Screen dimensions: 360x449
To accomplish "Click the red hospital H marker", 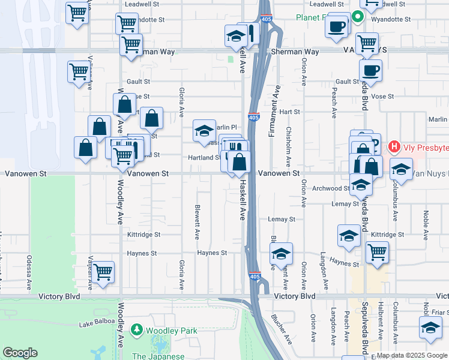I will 394,146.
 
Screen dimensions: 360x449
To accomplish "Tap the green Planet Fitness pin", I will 357,17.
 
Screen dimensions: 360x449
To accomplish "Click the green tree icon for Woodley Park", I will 137,330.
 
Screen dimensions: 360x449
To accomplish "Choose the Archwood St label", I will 331,188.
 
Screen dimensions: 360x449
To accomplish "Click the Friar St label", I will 440,312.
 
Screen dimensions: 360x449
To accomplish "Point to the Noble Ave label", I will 426,223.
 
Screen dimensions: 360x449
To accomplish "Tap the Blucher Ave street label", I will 281,329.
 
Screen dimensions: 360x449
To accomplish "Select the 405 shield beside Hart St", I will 254,114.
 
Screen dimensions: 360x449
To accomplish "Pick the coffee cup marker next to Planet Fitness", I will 337,26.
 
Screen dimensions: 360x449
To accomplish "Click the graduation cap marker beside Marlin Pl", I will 204,130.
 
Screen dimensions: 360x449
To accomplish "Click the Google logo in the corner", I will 20,353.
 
